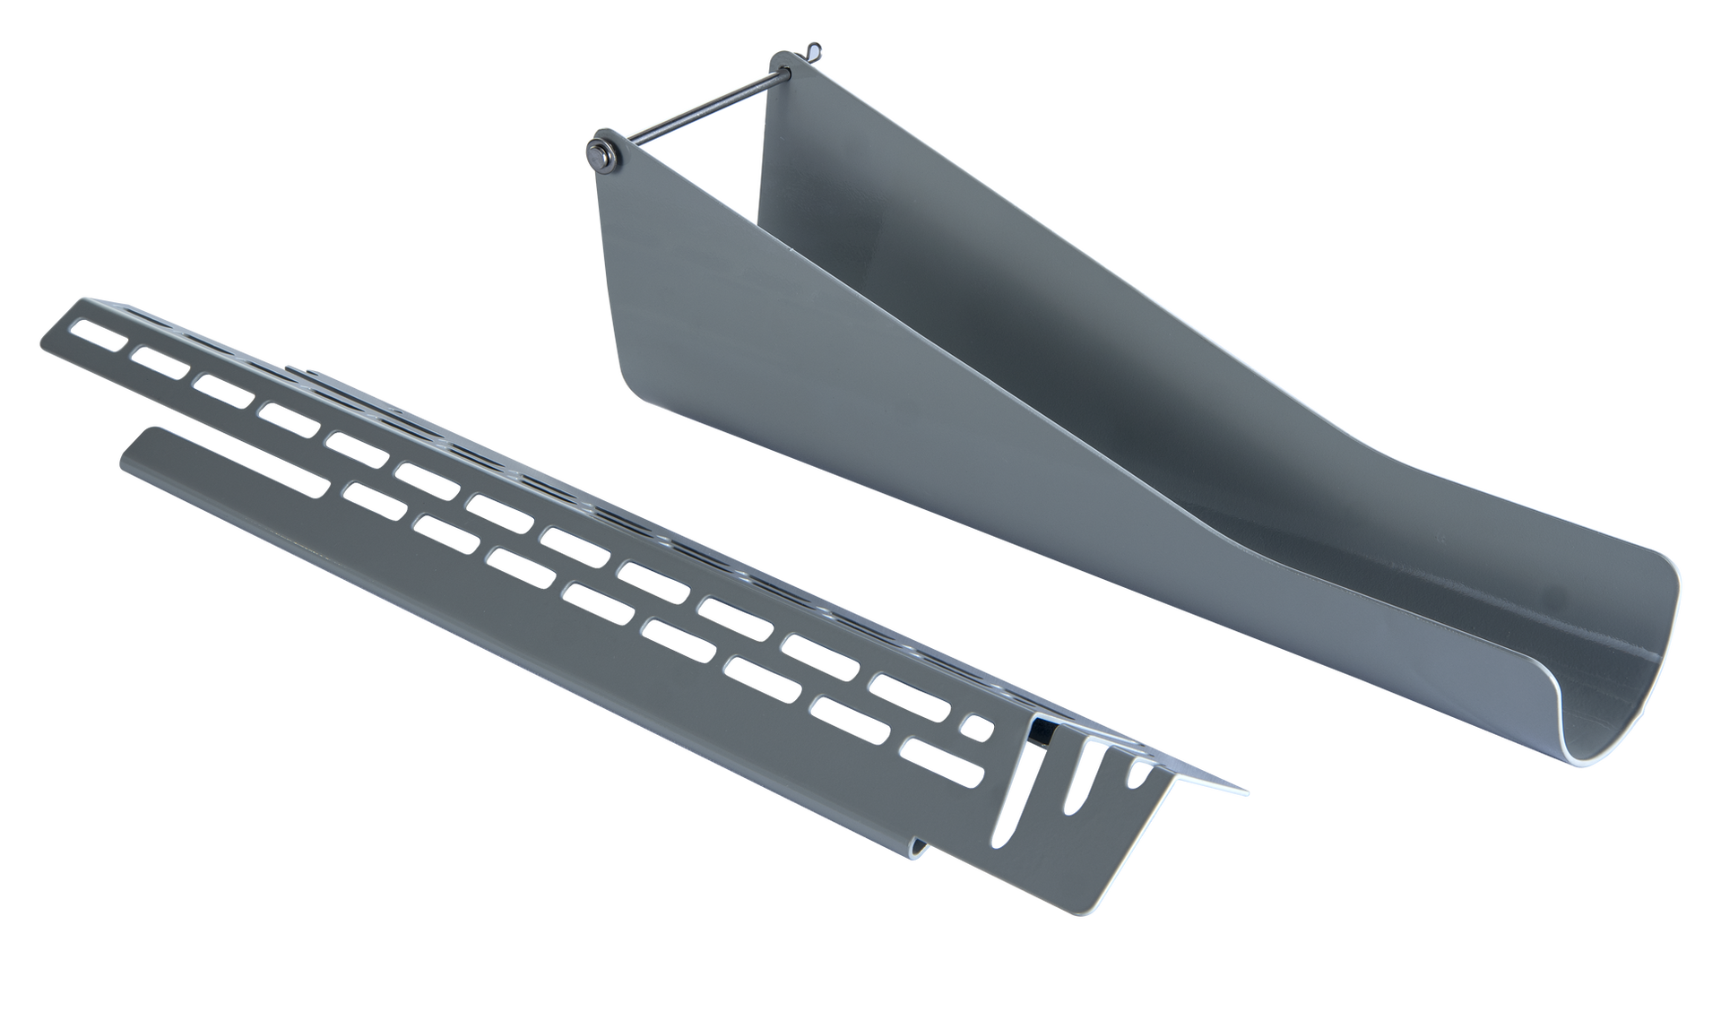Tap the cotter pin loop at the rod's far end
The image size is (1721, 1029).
(x=814, y=48)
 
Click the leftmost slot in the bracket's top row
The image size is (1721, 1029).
(x=101, y=335)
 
